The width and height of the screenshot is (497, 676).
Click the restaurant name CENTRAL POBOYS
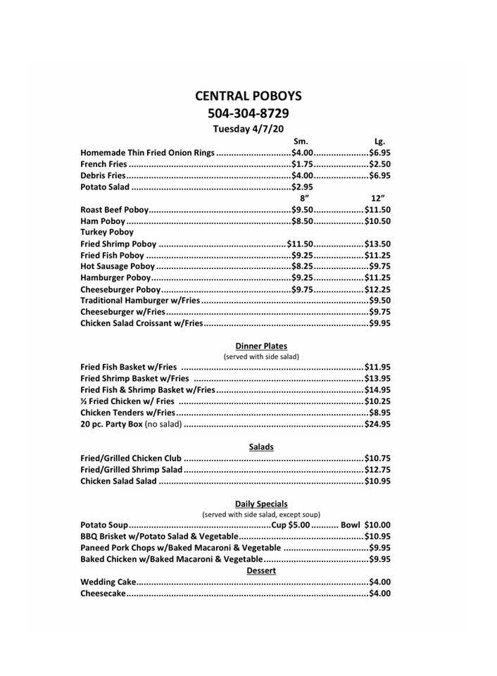coord(249,96)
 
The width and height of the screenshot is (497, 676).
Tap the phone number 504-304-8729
coord(249,113)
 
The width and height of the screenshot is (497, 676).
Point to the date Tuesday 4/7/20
coord(249,128)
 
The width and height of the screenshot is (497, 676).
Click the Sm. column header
coord(301,141)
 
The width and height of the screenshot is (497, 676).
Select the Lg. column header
coord(379,141)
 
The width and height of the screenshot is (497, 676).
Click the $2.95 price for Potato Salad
coord(303,187)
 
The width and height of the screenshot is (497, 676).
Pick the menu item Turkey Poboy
coord(107,232)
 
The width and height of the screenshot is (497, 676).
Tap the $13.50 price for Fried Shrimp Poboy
coord(377,244)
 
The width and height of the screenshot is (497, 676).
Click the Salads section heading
coord(261,447)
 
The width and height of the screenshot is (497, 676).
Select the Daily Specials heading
coord(261,503)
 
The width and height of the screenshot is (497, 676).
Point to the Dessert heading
coord(261,570)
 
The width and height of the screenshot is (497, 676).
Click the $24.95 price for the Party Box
coord(377,424)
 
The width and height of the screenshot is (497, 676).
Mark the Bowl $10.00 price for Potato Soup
coord(365,525)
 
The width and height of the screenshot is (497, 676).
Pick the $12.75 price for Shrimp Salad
coord(377,470)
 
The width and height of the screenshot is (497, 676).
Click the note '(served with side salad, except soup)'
coord(261,514)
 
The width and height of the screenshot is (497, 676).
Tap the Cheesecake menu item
coord(103,594)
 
